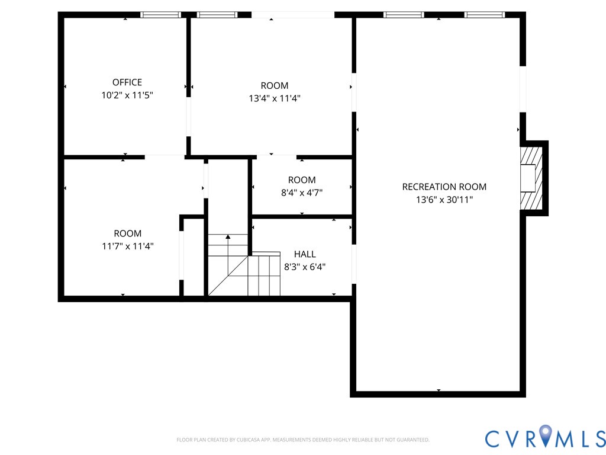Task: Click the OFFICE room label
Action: coord(127,82)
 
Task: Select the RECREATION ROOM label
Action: coord(444,187)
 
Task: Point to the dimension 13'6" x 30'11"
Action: coord(444,200)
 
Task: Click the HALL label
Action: coord(305,254)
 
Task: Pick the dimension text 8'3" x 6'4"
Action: coord(305,267)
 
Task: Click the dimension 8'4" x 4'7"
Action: coord(302,192)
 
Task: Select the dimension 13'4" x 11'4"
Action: coord(275,98)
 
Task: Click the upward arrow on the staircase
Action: coord(228,238)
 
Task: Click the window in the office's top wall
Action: coord(160,15)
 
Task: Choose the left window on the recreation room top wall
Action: coord(404,15)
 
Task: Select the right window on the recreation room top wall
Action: coord(484,15)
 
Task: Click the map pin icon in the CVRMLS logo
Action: coord(544,437)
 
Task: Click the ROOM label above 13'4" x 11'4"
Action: coord(275,86)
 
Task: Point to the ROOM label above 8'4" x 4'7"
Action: coord(302,180)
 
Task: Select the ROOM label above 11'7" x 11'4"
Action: coord(127,233)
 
